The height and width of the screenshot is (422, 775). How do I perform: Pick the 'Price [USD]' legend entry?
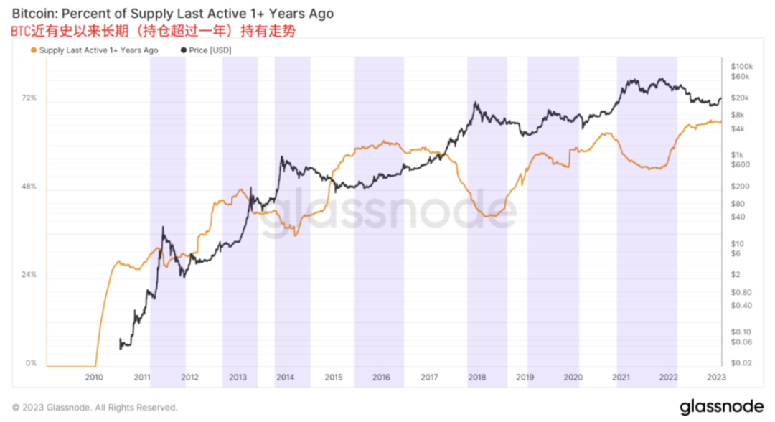click(x=209, y=50)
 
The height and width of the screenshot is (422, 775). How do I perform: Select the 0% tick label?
click(x=31, y=363)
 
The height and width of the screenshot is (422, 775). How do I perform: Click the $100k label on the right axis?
click(x=741, y=67)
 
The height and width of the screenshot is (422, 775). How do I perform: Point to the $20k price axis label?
click(x=741, y=98)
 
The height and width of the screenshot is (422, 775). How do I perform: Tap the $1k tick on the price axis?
click(x=737, y=155)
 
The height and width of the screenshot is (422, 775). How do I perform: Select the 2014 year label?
click(x=285, y=377)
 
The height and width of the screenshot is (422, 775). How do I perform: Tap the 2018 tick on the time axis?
click(x=476, y=377)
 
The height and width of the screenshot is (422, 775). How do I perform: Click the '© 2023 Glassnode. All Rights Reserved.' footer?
click(x=95, y=408)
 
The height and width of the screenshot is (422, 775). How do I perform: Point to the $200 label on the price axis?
click(x=739, y=186)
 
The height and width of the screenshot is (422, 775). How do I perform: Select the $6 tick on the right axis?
click(x=736, y=253)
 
